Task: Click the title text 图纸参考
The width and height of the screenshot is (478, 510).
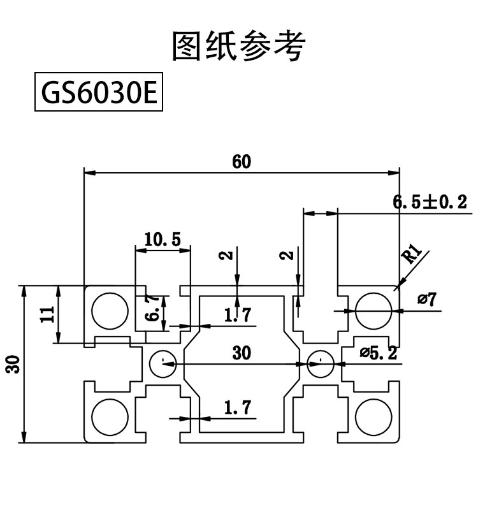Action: point(239,46)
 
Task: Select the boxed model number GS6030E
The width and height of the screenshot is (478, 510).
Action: point(98,94)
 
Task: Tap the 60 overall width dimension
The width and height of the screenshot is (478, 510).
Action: point(242,162)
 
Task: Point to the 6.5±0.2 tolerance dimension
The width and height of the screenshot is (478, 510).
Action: point(430,203)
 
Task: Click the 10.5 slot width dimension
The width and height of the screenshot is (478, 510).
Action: point(163,240)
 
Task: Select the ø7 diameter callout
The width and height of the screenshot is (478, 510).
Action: point(427,299)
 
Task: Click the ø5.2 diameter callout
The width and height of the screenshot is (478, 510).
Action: point(378,352)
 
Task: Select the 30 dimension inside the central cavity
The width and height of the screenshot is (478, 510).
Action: point(242,353)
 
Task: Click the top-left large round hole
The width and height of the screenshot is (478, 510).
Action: point(109,312)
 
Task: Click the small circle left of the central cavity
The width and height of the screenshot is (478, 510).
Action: point(163,364)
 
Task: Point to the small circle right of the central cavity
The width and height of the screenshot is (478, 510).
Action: point(319,364)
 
